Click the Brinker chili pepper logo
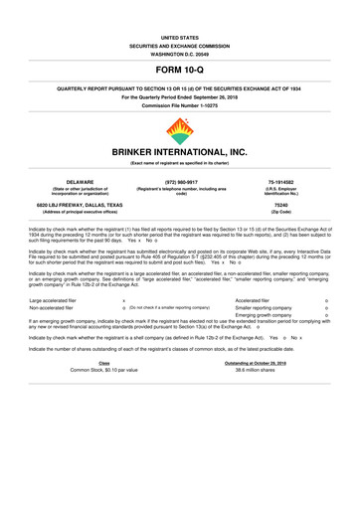point(179,131)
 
